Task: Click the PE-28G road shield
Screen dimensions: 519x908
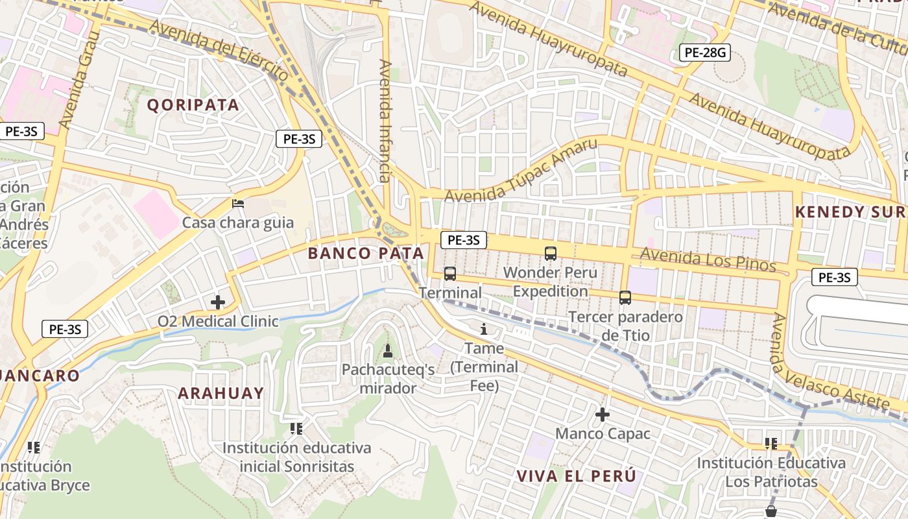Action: (705, 53)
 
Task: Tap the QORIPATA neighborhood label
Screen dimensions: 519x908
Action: (193, 105)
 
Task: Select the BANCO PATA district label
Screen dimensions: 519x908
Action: (366, 253)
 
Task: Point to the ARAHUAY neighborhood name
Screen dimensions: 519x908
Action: (221, 393)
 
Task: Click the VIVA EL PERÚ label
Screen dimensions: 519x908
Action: (576, 476)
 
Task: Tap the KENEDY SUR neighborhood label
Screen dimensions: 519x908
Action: (849, 212)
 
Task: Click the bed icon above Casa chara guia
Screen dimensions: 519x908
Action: (238, 204)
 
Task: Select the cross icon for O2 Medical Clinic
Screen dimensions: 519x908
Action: (218, 302)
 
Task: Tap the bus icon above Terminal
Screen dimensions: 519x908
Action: (450, 274)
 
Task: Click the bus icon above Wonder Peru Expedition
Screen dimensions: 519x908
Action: (550, 254)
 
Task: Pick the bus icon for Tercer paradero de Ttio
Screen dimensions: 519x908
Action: (625, 298)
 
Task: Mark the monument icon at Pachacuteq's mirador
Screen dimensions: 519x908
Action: (388, 351)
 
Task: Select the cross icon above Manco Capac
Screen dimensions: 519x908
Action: (603, 414)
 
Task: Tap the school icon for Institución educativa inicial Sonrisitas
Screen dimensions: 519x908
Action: (296, 428)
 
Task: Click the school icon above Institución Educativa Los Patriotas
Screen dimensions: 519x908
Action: (771, 444)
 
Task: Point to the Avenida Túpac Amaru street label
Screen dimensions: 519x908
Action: (520, 171)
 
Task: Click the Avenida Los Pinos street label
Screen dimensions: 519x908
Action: (708, 259)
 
